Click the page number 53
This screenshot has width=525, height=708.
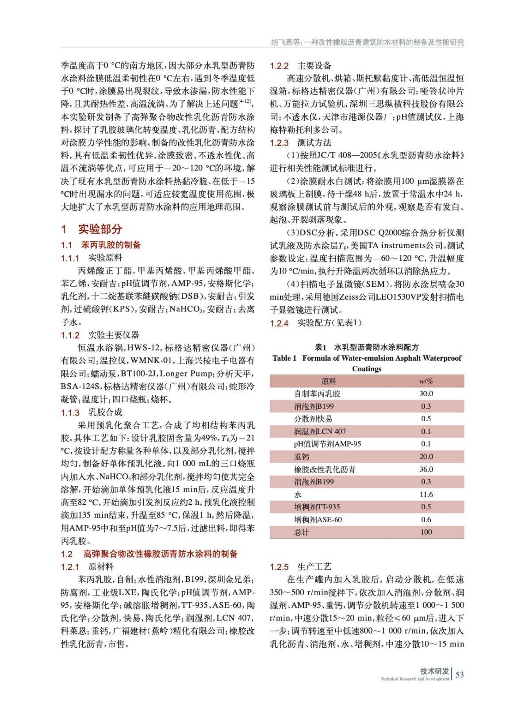[x=460, y=674]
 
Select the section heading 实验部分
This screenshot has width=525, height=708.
[x=100, y=229]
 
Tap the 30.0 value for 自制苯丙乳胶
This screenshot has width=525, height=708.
[x=426, y=393]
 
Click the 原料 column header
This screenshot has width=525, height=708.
[x=329, y=381]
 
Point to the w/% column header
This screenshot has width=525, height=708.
[x=426, y=381]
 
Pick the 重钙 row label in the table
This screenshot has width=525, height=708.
[x=302, y=457]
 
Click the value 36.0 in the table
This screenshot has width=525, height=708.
[x=426, y=469]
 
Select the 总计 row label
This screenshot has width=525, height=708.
[x=302, y=532]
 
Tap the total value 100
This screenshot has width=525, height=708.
[x=426, y=532]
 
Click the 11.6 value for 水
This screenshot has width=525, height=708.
[x=426, y=494]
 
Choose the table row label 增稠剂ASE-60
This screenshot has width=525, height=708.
[x=318, y=519]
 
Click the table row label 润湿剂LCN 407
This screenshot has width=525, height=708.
[x=320, y=431]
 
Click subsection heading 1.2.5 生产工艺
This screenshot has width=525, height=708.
[x=300, y=567]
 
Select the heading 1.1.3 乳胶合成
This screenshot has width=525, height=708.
[x=92, y=412]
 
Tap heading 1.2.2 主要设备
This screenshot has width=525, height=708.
[x=300, y=66]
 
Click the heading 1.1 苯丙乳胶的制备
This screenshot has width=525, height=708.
[x=101, y=245]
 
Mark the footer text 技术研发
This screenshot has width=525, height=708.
[x=434, y=671]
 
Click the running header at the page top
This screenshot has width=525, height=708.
[x=367, y=42]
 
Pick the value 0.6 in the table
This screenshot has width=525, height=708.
[x=426, y=519]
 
